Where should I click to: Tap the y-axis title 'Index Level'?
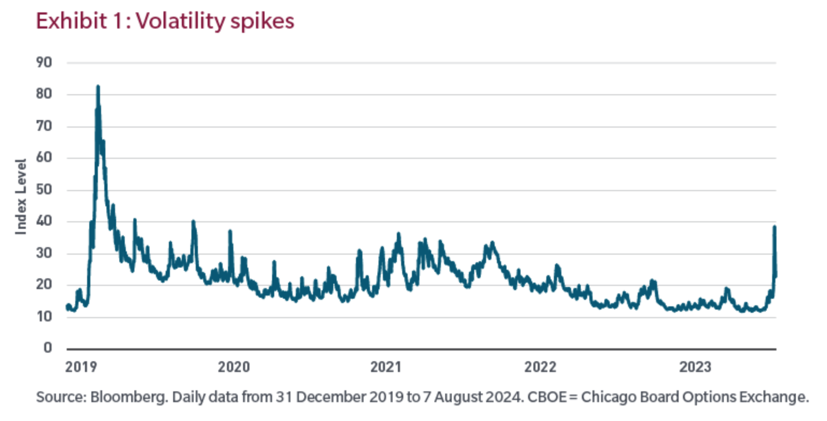click(21, 196)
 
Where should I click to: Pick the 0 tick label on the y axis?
click(48, 349)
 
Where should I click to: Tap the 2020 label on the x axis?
click(234, 367)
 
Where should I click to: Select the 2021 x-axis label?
click(386, 367)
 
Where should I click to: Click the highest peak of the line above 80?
click(98, 86)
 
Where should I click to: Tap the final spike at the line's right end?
click(774, 227)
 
